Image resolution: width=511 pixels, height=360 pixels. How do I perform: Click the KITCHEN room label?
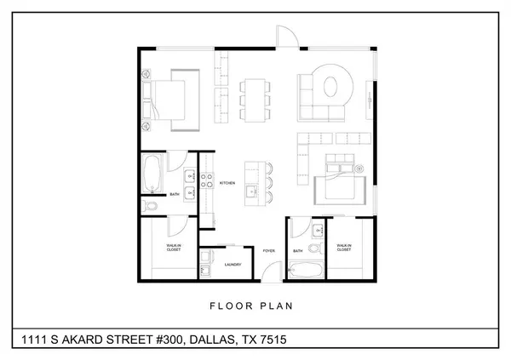pos(227,183)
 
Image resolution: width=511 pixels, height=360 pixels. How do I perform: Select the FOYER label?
pos(268,251)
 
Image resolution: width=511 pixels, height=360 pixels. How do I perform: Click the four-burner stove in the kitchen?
pos(206,178)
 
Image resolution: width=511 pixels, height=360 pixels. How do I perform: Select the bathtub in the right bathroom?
pos(306,271)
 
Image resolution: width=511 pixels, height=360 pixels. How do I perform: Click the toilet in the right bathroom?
pos(315,249)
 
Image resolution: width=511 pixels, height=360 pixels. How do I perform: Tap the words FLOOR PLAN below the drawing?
pos(255,304)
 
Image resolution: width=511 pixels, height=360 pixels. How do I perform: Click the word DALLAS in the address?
pos(212,340)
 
